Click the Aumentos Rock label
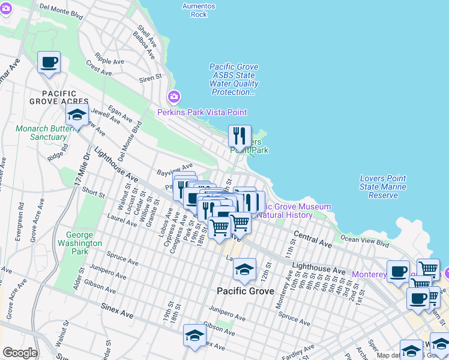[x=199, y=10]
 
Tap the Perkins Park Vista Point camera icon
[x=174, y=97]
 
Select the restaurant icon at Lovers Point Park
[x=240, y=136]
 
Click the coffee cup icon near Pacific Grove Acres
[x=49, y=62]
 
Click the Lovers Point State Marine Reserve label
[x=382, y=187]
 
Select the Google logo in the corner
[x=20, y=353]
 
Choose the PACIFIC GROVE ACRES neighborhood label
[x=59, y=98]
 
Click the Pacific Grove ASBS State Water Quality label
[x=234, y=80]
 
